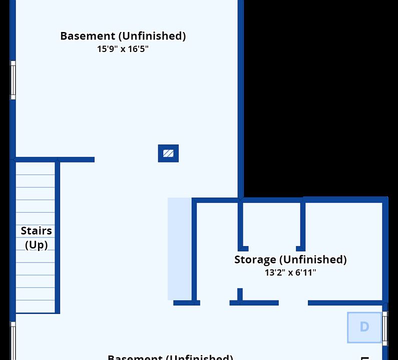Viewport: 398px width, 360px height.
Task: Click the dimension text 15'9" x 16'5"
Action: point(123,49)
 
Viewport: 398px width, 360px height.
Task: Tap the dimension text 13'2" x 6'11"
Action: point(290,272)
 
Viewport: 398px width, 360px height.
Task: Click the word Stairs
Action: point(36,231)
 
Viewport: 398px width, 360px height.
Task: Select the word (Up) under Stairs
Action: point(36,245)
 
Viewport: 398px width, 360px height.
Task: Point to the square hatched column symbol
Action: point(168,153)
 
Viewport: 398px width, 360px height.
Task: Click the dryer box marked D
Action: point(364,327)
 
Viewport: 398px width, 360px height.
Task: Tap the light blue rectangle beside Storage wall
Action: point(179,248)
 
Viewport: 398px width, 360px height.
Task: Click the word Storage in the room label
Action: point(255,259)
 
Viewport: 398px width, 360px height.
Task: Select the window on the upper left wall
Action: point(13,80)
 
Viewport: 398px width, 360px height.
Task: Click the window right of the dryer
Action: point(385,327)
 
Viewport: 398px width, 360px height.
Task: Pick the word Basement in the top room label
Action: point(87,36)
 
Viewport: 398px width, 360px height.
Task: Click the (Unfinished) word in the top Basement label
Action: point(152,36)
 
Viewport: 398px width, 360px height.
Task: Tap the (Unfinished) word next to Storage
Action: point(313,259)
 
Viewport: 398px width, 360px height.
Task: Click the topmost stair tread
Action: point(35,168)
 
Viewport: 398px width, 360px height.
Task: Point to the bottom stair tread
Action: point(35,306)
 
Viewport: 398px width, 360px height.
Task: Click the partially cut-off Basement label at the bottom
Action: point(170,357)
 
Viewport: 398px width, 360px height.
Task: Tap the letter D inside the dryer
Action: point(364,327)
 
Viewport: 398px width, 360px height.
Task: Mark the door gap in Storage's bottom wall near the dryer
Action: point(293,302)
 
